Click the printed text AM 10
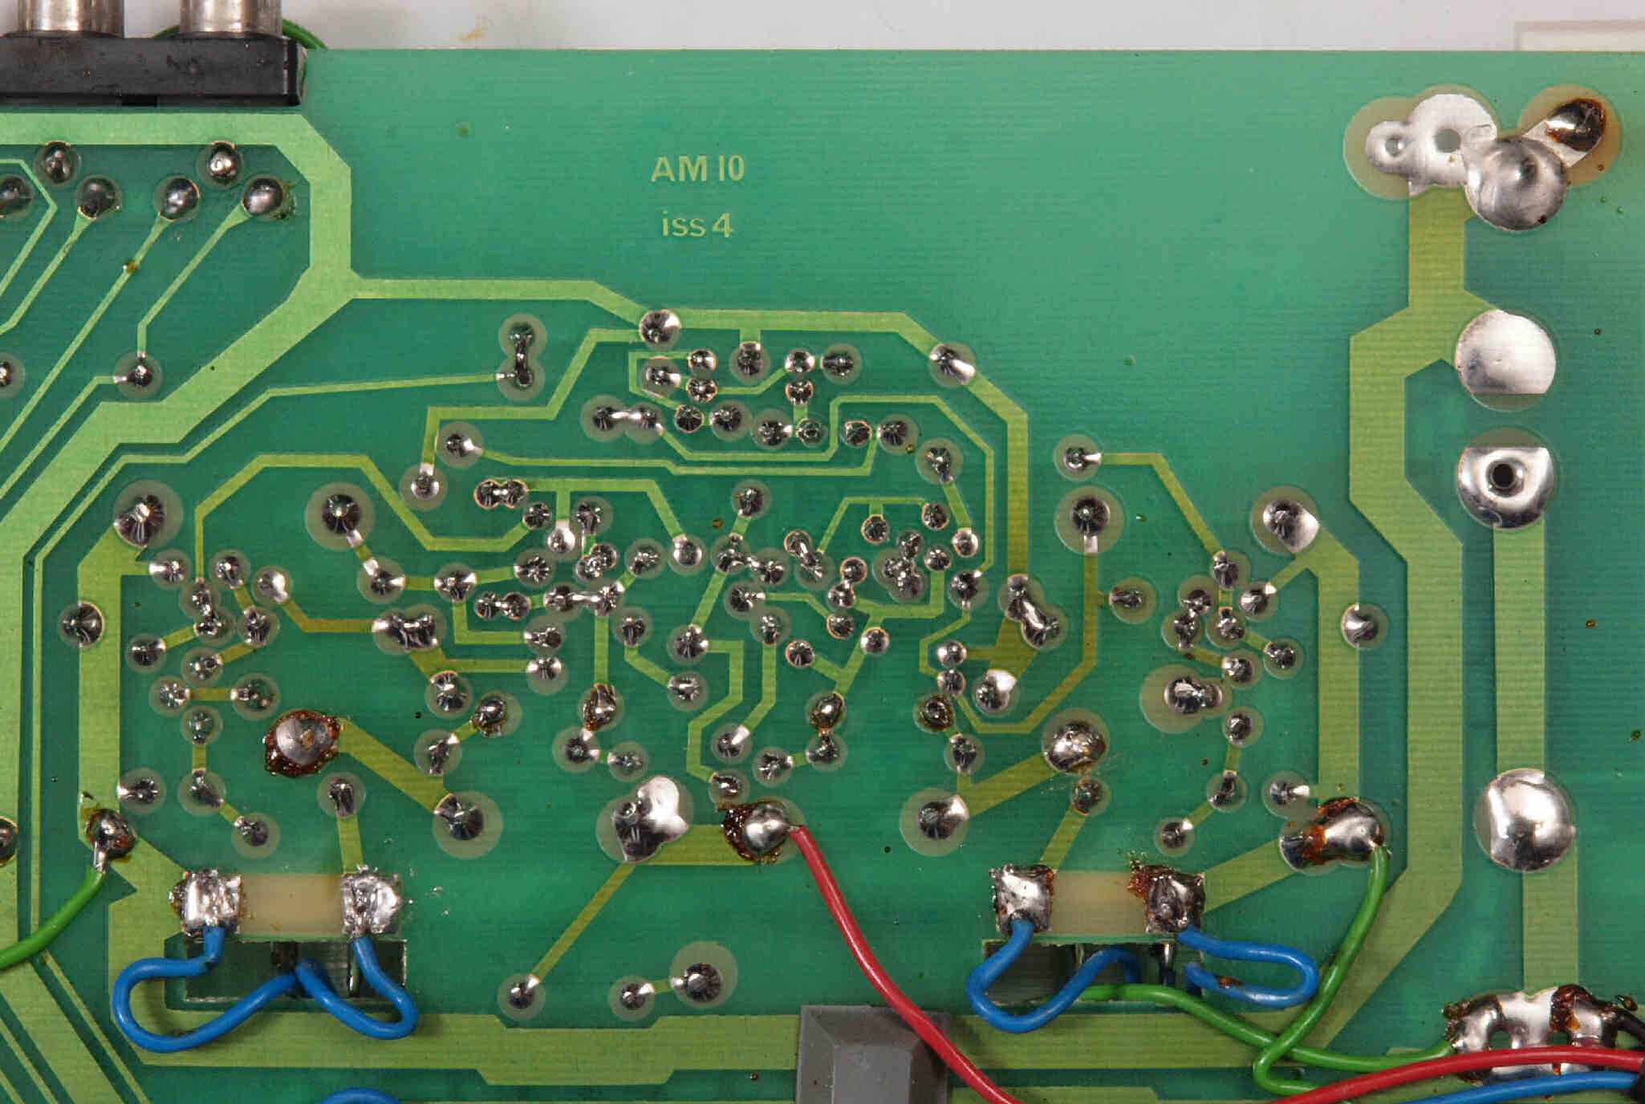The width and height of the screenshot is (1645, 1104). pos(697,168)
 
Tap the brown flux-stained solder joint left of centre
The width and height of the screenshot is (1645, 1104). pos(302,743)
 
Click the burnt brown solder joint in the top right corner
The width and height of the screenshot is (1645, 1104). pos(1573,124)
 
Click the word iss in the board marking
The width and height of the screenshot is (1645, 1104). pos(683,225)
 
